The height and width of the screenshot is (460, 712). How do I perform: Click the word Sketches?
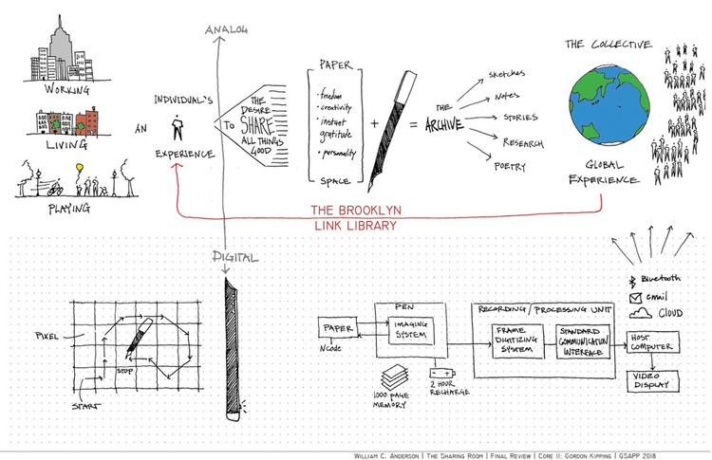(511, 73)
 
